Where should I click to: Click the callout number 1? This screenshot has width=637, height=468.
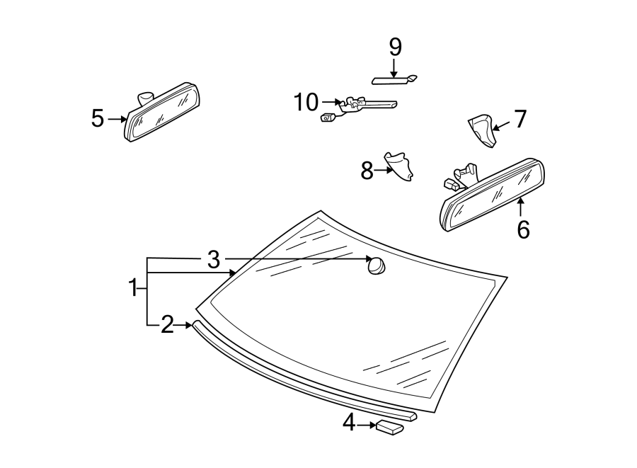(132, 288)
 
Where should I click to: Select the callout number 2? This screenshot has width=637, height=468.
(166, 325)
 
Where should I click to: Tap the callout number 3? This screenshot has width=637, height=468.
(214, 260)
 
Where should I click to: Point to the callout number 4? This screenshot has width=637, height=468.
(348, 423)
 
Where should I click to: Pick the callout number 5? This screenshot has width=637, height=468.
(98, 118)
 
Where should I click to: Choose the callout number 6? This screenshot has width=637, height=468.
(523, 229)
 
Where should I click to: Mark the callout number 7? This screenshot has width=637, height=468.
(520, 119)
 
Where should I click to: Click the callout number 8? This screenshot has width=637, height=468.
(367, 171)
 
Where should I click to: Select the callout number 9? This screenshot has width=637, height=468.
(395, 47)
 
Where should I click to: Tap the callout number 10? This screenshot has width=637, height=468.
(306, 103)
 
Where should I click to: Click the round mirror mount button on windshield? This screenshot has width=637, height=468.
(376, 266)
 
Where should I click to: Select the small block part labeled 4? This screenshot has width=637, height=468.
(389, 426)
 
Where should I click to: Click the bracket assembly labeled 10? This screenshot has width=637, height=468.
(361, 105)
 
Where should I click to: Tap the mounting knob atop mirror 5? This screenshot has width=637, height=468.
(147, 96)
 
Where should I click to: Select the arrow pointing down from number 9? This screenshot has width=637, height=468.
(394, 68)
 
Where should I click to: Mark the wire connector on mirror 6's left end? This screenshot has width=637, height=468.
(450, 185)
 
